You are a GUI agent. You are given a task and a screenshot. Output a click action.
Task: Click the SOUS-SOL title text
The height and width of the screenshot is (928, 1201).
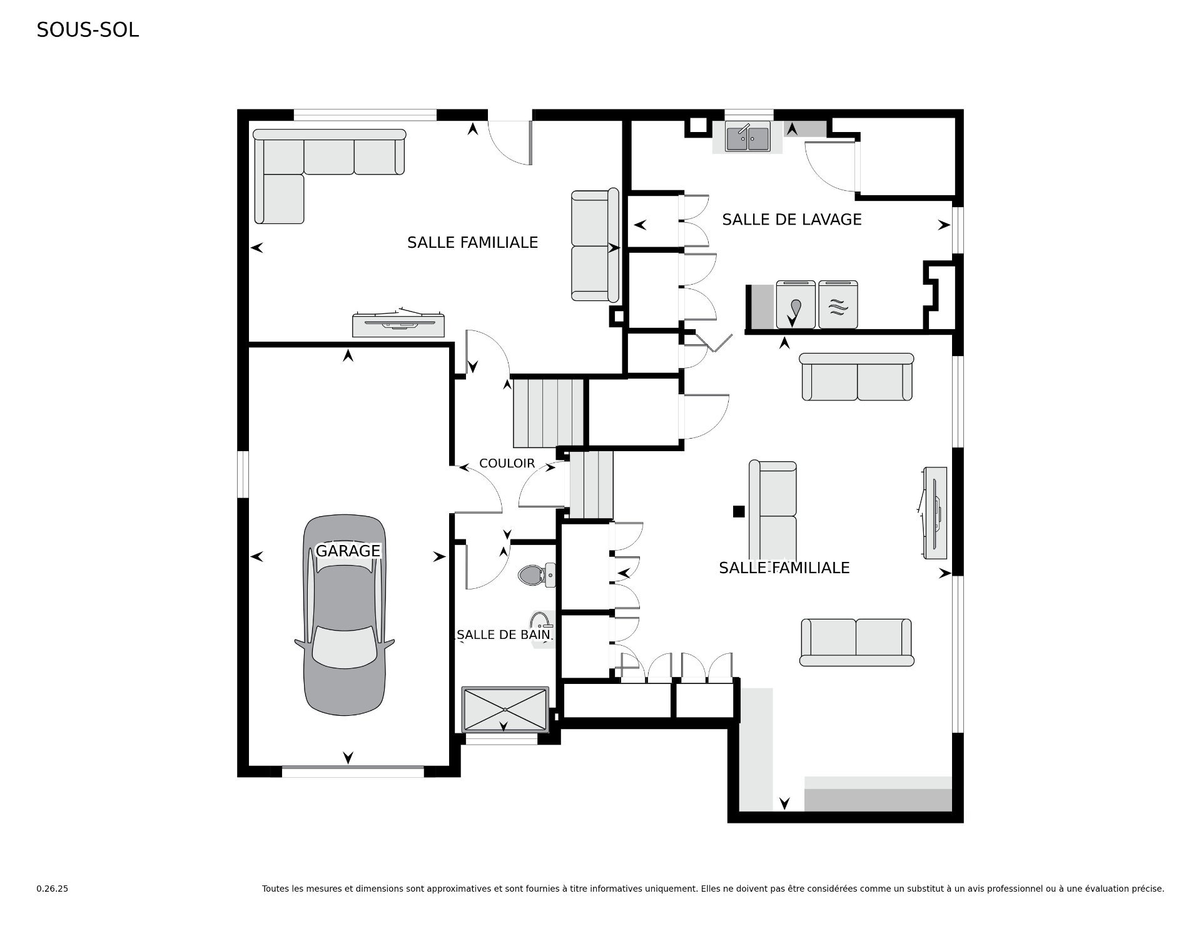point(88,30)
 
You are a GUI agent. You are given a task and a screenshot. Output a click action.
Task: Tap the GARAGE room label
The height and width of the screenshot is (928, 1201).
point(348,551)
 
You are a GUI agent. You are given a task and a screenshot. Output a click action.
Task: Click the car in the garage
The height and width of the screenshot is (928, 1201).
point(345,615)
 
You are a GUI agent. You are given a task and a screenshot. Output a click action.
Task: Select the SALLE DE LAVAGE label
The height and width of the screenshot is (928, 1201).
point(792,220)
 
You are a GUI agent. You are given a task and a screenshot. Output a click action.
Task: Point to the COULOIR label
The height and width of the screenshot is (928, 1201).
point(507,464)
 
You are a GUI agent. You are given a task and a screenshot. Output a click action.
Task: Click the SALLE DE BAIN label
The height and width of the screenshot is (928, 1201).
point(504,635)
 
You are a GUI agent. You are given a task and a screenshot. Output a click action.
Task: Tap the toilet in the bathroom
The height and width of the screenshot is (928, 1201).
point(537,574)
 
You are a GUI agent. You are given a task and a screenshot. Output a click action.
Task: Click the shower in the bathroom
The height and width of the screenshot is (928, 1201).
point(505,710)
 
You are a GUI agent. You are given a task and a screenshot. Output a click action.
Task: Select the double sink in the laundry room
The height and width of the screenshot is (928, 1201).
point(747,138)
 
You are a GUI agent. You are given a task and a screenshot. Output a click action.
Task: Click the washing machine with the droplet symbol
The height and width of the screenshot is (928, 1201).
point(796,305)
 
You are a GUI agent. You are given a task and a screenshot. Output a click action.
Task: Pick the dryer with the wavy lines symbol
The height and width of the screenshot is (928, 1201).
point(838,305)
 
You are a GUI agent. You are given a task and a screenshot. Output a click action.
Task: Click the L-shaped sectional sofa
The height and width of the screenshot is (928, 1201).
point(329,176)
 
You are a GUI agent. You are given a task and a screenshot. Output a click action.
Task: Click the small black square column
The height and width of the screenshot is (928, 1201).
point(739,511)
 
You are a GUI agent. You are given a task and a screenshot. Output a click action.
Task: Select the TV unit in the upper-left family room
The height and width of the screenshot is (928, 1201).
point(398,323)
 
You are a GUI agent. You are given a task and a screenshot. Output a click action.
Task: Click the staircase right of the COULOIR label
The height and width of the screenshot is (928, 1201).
point(591,484)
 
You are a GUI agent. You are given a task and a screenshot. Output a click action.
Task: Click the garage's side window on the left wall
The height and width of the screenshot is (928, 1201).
point(243,474)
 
